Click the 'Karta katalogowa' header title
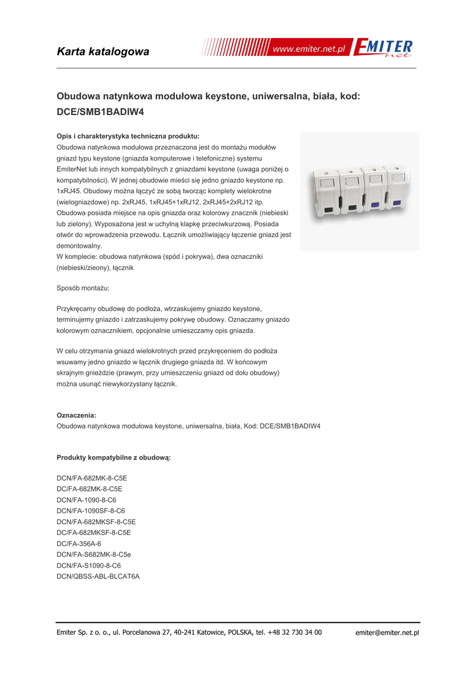pos(103,51)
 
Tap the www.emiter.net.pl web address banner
pos(309,49)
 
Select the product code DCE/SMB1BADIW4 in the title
pos(100,112)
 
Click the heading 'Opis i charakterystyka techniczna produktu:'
pos(128,136)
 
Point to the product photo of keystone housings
pos(359,191)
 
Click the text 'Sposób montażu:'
pos(83,288)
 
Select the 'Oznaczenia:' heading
pos(76,415)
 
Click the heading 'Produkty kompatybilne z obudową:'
pos(114,457)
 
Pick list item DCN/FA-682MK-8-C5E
pos(91,478)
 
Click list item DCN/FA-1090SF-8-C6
pos(91,511)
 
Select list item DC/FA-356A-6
pos(79,544)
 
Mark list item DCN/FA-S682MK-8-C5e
pos(93,554)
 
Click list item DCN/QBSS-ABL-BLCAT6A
pos(98,576)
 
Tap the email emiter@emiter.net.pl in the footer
pos(387,632)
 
